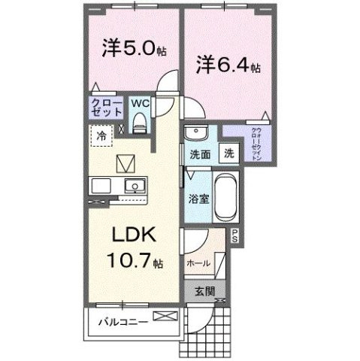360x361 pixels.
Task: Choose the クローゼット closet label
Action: click(x=107, y=108)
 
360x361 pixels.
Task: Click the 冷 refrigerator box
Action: click(x=100, y=137)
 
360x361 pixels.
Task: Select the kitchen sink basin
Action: click(x=135, y=186)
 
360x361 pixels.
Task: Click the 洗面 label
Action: click(x=198, y=154)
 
